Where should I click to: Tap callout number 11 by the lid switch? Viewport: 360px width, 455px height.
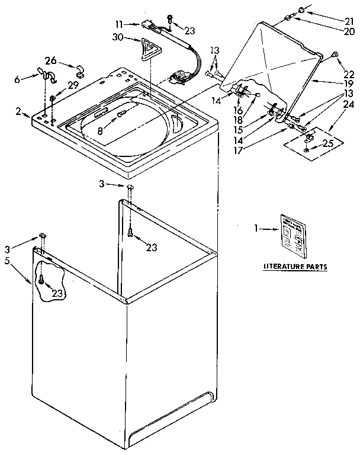(x=119, y=24)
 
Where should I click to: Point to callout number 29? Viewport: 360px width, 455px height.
(x=72, y=85)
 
